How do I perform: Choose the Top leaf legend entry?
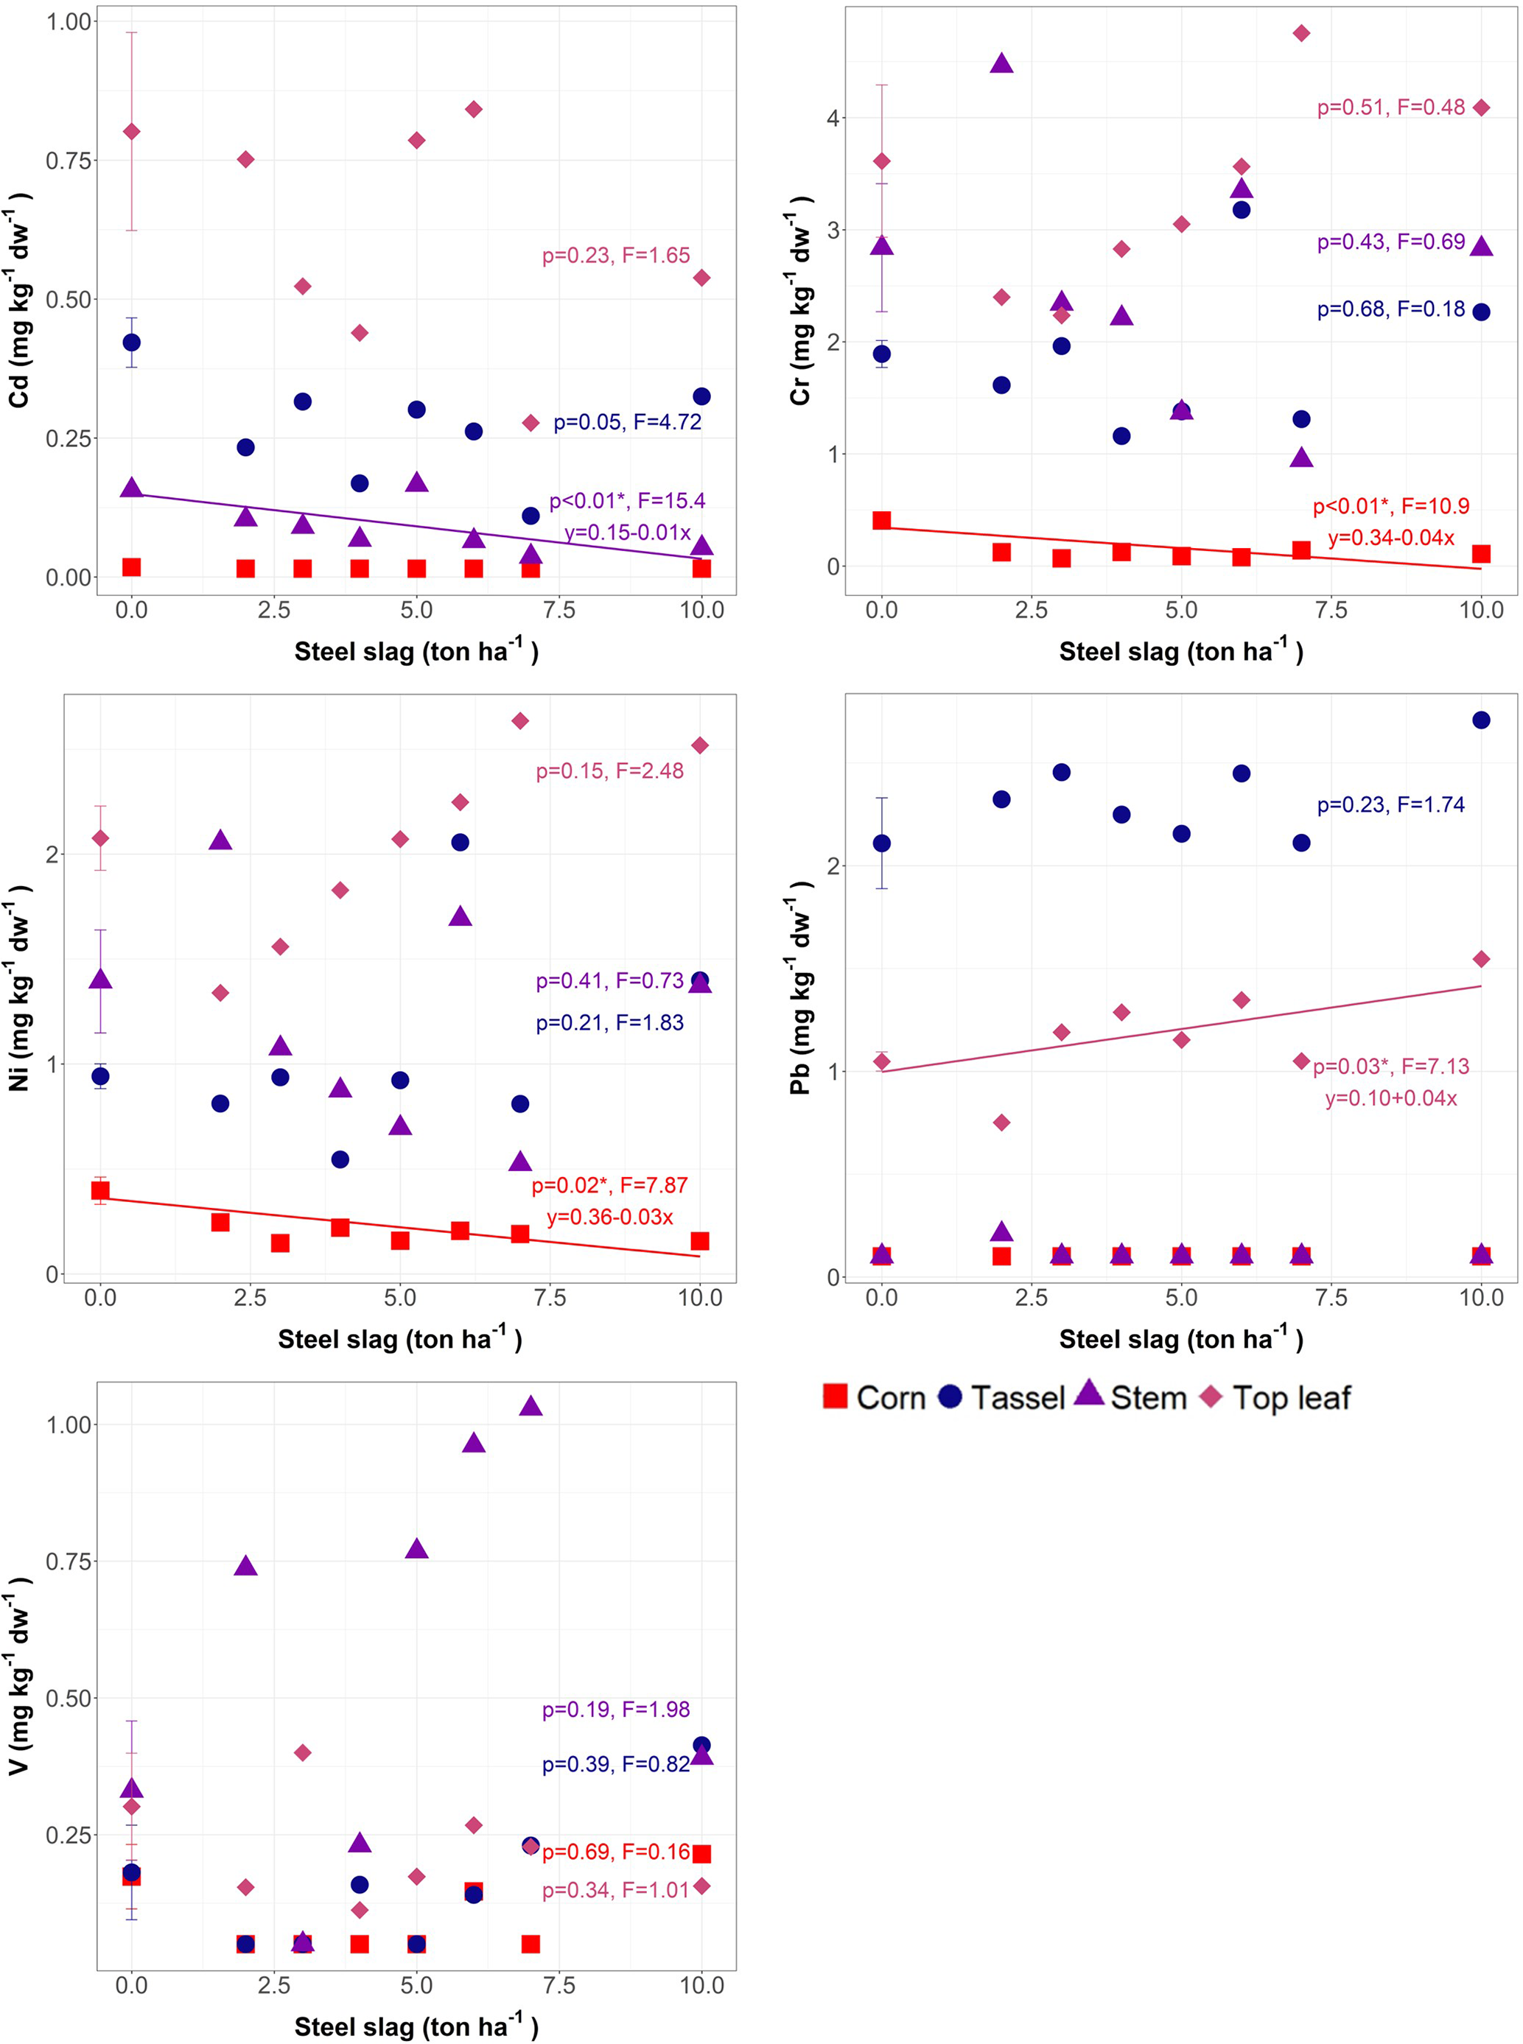click(x=1276, y=1397)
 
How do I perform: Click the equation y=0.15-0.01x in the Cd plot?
click(x=627, y=533)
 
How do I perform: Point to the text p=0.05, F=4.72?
click(x=627, y=422)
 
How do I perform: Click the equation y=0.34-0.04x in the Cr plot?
click(x=1390, y=537)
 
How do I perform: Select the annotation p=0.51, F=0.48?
click(x=1390, y=108)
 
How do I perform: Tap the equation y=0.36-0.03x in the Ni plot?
click(x=609, y=1216)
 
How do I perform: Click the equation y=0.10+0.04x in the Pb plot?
click(x=1390, y=1097)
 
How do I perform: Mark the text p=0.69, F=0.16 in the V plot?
click(x=615, y=1852)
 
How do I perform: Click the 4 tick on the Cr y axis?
click(x=833, y=118)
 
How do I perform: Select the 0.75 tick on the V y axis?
click(x=69, y=1561)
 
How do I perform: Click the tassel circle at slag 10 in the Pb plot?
click(x=1480, y=720)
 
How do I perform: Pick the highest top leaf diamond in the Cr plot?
click(x=1300, y=33)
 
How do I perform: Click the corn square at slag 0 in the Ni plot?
click(x=100, y=1190)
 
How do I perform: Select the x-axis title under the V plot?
click(x=416, y=2026)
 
